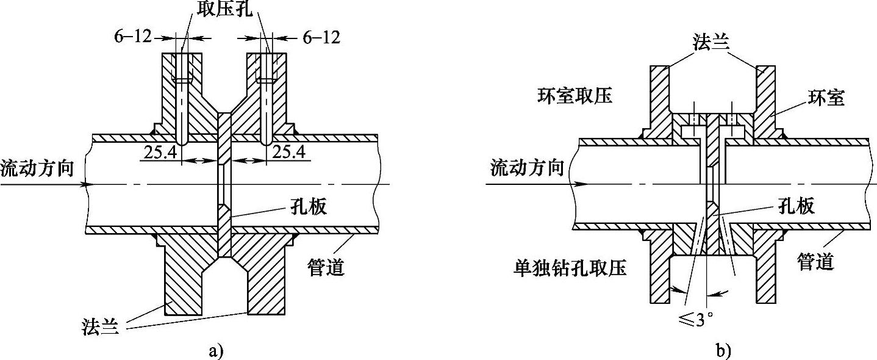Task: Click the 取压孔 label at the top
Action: point(226,9)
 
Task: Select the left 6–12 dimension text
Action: point(133,37)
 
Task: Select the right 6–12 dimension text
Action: point(321,37)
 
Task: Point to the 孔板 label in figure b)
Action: point(795,206)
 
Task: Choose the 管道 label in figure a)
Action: point(326,267)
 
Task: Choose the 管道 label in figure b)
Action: point(816,262)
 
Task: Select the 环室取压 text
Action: point(575,96)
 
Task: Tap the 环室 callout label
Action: point(826,98)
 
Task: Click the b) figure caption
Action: point(723,350)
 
